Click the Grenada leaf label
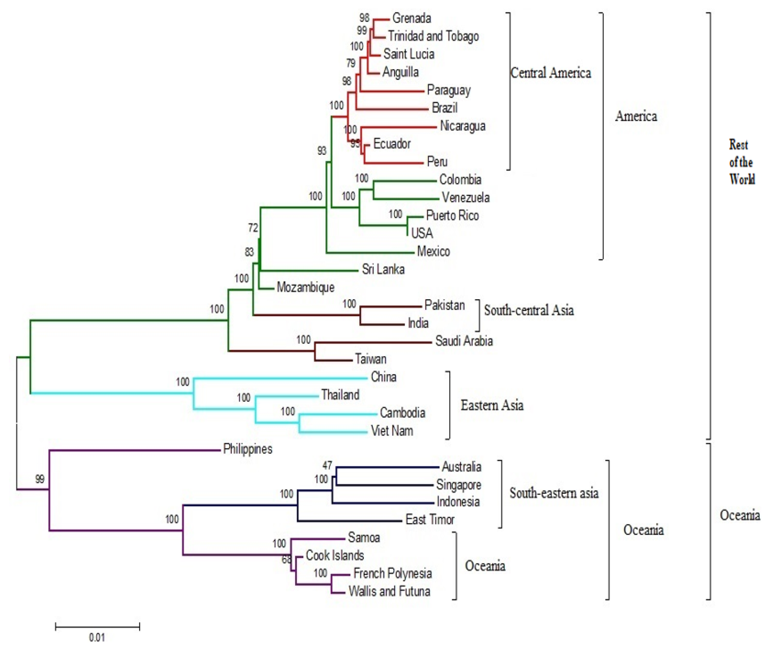point(411,18)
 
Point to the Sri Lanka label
point(383,269)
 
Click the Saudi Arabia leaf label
point(464,341)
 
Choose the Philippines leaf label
point(248,449)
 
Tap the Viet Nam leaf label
point(392,431)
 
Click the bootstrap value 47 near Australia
point(327,465)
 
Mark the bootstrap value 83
point(249,252)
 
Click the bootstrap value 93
point(321,151)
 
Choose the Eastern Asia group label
point(492,405)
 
